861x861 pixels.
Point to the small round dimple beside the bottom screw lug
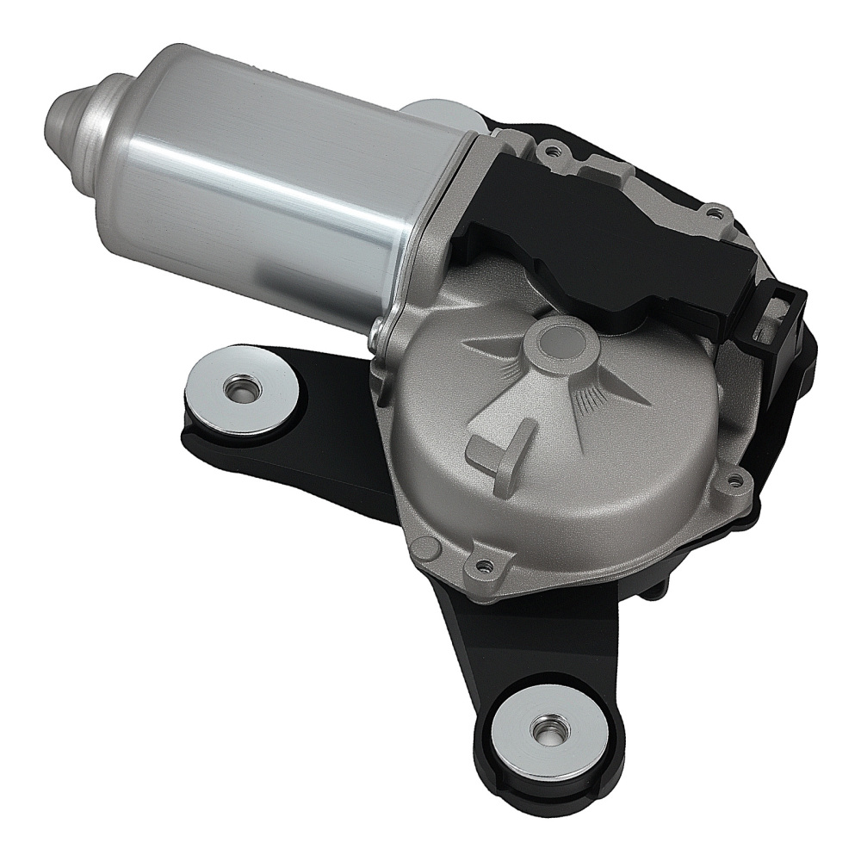(418, 542)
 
